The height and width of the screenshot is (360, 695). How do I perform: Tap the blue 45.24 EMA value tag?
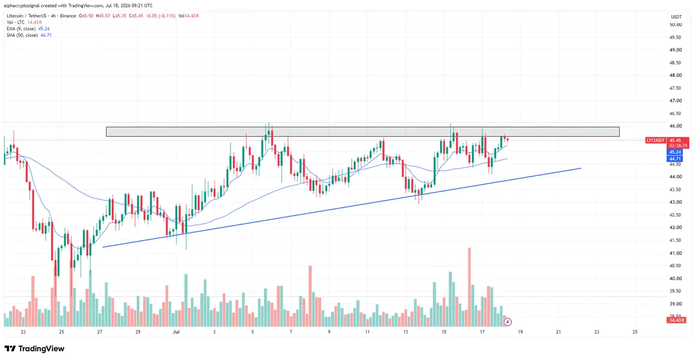click(675, 152)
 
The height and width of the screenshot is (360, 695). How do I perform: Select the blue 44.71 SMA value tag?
click(675, 159)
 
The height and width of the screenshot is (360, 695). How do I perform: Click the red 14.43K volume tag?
click(676, 320)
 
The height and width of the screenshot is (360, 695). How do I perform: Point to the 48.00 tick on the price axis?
click(675, 75)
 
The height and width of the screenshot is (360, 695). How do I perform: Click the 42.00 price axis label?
click(675, 227)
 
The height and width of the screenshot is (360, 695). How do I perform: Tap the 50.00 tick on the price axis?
click(675, 24)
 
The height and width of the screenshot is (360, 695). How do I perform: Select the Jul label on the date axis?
click(176, 332)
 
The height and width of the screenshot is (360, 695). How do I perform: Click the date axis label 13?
click(405, 332)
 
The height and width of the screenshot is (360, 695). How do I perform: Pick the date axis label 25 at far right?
click(635, 332)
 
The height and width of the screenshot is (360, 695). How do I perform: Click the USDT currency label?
click(676, 17)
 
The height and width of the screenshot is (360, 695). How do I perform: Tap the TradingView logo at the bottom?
click(34, 348)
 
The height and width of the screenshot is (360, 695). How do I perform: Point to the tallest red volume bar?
click(470, 287)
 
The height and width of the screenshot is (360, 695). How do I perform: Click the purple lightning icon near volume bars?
click(507, 322)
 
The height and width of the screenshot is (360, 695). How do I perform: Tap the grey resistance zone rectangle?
click(363, 132)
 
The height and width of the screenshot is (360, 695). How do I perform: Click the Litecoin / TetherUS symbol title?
click(41, 16)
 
